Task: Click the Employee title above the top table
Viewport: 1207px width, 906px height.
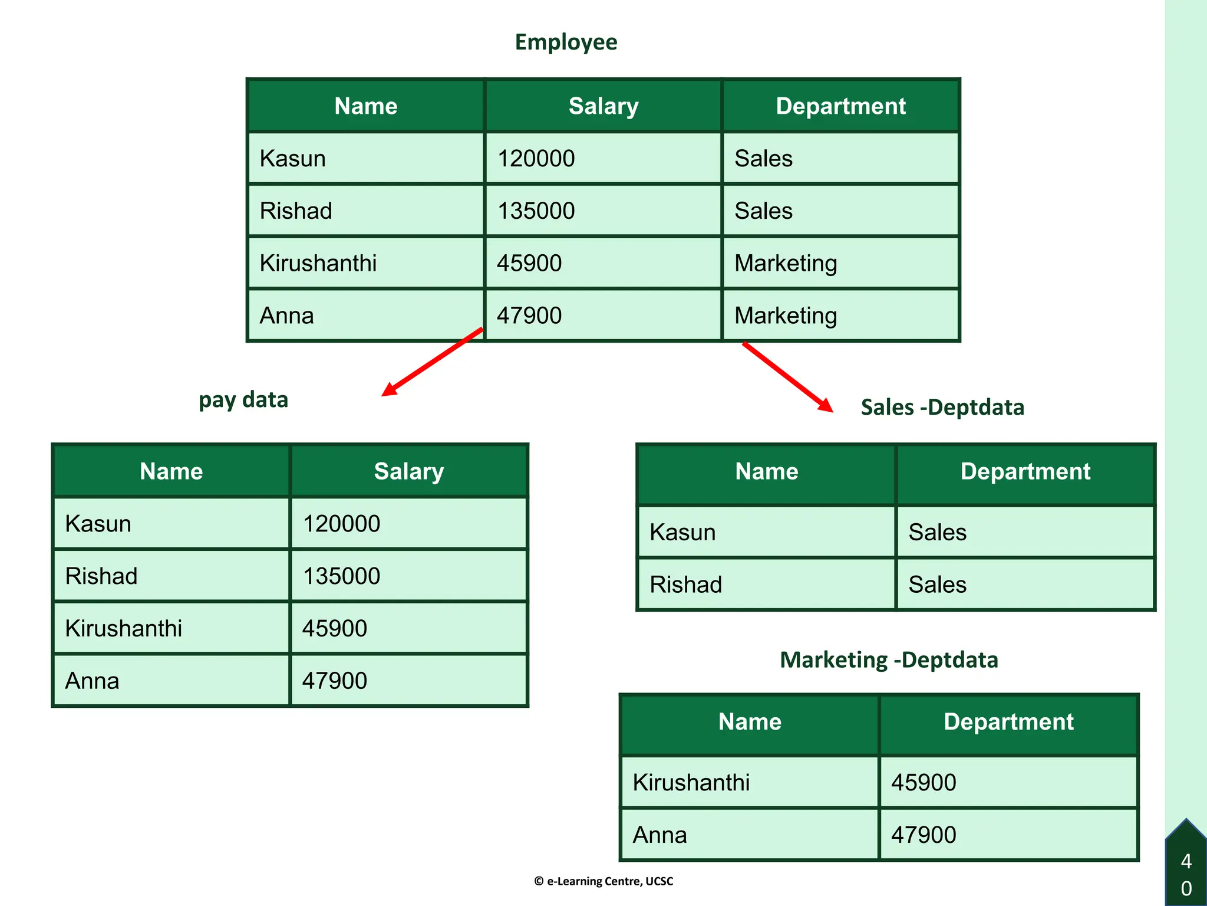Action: tap(566, 42)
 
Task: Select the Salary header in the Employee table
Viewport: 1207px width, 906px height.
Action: tap(603, 106)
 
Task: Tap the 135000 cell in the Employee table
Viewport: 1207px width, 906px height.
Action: tap(536, 211)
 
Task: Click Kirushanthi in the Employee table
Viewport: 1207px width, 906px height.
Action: tap(318, 263)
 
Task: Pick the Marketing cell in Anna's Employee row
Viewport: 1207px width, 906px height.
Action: tap(786, 316)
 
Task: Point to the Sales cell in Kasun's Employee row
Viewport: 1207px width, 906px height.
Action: tap(763, 159)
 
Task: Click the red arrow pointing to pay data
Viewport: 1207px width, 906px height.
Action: tap(432, 362)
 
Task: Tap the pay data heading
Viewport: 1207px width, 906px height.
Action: tap(243, 400)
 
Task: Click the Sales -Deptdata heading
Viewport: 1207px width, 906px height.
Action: tap(942, 408)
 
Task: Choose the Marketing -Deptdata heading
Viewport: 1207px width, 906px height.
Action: tap(889, 660)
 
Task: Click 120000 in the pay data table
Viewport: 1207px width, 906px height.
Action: tap(341, 524)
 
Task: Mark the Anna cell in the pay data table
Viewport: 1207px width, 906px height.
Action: tap(93, 681)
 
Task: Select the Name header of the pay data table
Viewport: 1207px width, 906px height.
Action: tap(171, 471)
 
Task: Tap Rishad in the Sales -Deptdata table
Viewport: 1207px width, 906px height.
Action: tap(685, 585)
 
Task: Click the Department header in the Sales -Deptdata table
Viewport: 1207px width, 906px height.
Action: tap(1025, 471)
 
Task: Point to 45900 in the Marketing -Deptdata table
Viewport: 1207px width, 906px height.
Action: tap(924, 783)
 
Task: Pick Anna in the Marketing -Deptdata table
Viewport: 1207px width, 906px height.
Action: tap(659, 835)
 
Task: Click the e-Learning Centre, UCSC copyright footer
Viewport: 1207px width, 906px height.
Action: tap(603, 881)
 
